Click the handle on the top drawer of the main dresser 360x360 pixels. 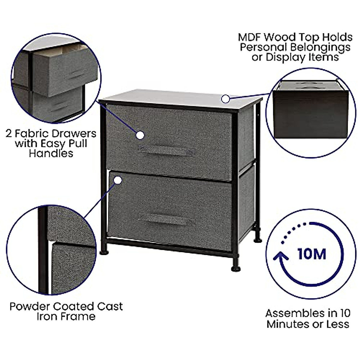click(166, 151)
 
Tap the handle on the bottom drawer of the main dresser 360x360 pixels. click(166, 220)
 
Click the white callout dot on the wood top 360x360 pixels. click(226, 98)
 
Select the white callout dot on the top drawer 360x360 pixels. click(140, 135)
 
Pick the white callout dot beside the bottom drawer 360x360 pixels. click(118, 180)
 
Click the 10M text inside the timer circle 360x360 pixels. click(312, 254)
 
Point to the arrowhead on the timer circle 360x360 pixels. click(281, 256)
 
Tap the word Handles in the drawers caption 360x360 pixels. click(51, 153)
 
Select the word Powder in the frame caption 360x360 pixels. click(30, 307)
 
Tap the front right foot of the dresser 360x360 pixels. click(236, 268)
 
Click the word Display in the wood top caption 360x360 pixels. click(284, 57)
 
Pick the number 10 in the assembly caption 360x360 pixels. click(344, 313)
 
